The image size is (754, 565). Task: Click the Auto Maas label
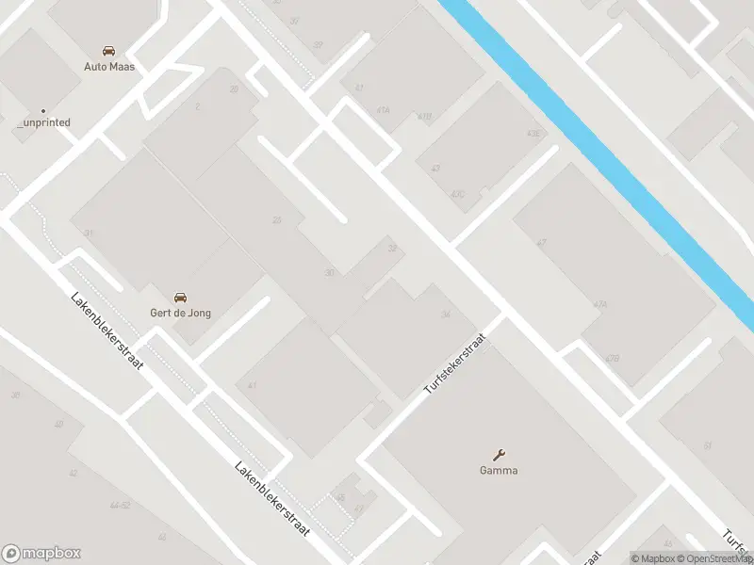pyautogui.click(x=109, y=67)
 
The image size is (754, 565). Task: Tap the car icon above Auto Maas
pyautogui.click(x=109, y=51)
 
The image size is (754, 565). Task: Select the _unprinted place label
pyautogui.click(x=43, y=122)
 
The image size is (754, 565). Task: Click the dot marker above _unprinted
pyautogui.click(x=43, y=110)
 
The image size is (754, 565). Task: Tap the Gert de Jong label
pyautogui.click(x=180, y=313)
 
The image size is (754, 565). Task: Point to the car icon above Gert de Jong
pyautogui.click(x=180, y=298)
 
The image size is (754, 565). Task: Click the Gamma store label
pyautogui.click(x=500, y=471)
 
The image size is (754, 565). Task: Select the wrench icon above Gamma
pyautogui.click(x=500, y=455)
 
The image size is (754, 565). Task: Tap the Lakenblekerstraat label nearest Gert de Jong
pyautogui.click(x=107, y=330)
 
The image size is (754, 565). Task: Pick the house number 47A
pyautogui.click(x=600, y=304)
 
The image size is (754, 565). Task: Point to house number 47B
pyautogui.click(x=613, y=358)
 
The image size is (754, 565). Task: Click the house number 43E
pyautogui.click(x=534, y=134)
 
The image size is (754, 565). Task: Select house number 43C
pyautogui.click(x=457, y=195)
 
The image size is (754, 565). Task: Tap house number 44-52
pyautogui.click(x=120, y=506)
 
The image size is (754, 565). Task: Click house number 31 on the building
pyautogui.click(x=88, y=233)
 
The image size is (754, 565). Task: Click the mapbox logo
pyautogui.click(x=41, y=554)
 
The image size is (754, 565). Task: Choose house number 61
pyautogui.click(x=707, y=445)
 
